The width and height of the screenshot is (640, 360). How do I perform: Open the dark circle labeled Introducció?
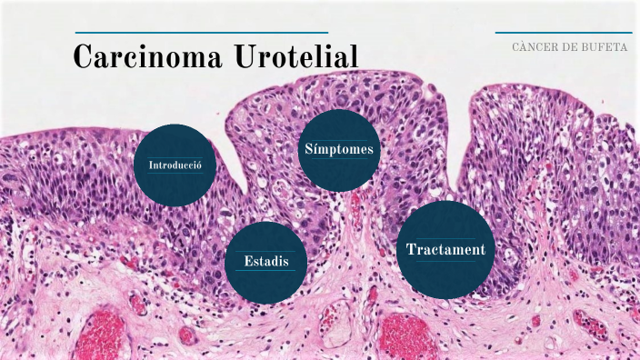pos(175,165)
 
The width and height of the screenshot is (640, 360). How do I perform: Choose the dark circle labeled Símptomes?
pos(338,149)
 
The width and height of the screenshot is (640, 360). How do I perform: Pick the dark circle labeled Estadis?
pos(265,263)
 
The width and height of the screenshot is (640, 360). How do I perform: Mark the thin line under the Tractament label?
pos(445,262)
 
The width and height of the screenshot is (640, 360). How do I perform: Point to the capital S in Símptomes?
pos(309,148)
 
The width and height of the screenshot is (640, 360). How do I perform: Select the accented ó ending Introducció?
pos(211,165)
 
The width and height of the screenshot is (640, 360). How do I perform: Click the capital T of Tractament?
pos(411,249)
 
